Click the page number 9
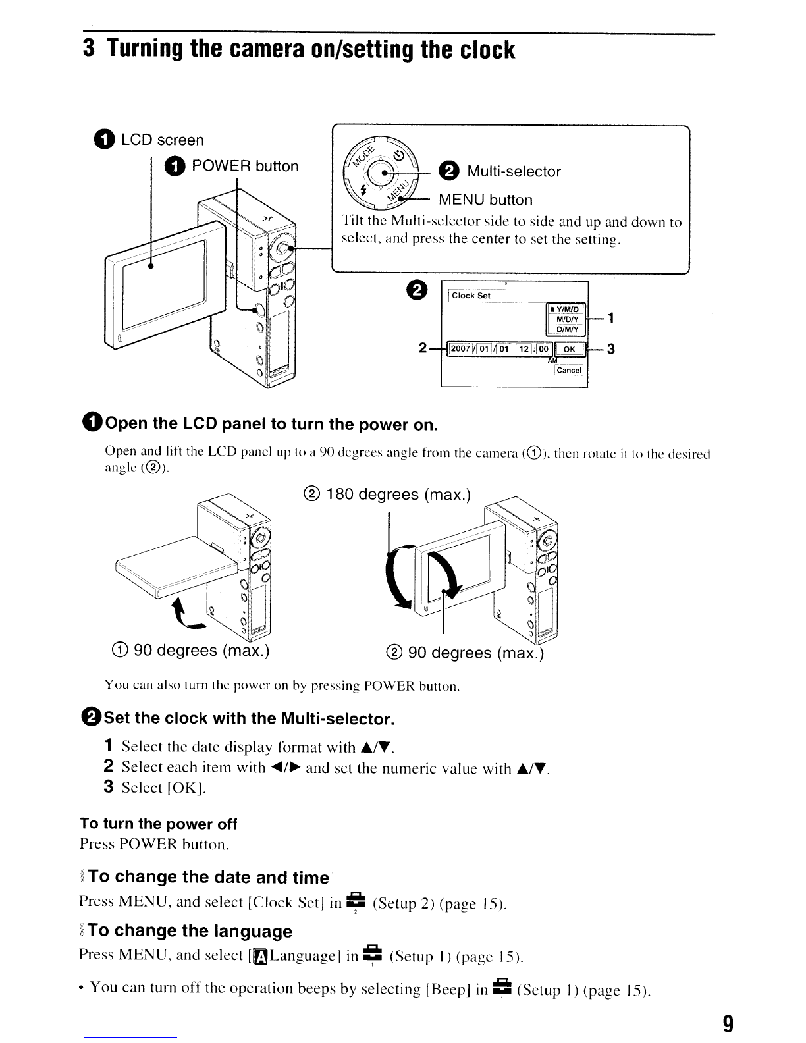tap(727, 1023)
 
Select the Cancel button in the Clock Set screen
tap(568, 370)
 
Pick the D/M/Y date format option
tap(567, 329)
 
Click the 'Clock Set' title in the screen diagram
tap(471, 296)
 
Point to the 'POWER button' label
tap(244, 166)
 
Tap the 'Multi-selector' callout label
tap(514, 172)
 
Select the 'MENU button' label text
tap(485, 200)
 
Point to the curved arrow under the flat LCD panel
tap(186, 613)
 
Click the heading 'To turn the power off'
tap(158, 824)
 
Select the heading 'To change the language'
tap(190, 930)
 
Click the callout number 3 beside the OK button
tap(610, 349)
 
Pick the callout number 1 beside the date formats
tap(611, 319)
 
